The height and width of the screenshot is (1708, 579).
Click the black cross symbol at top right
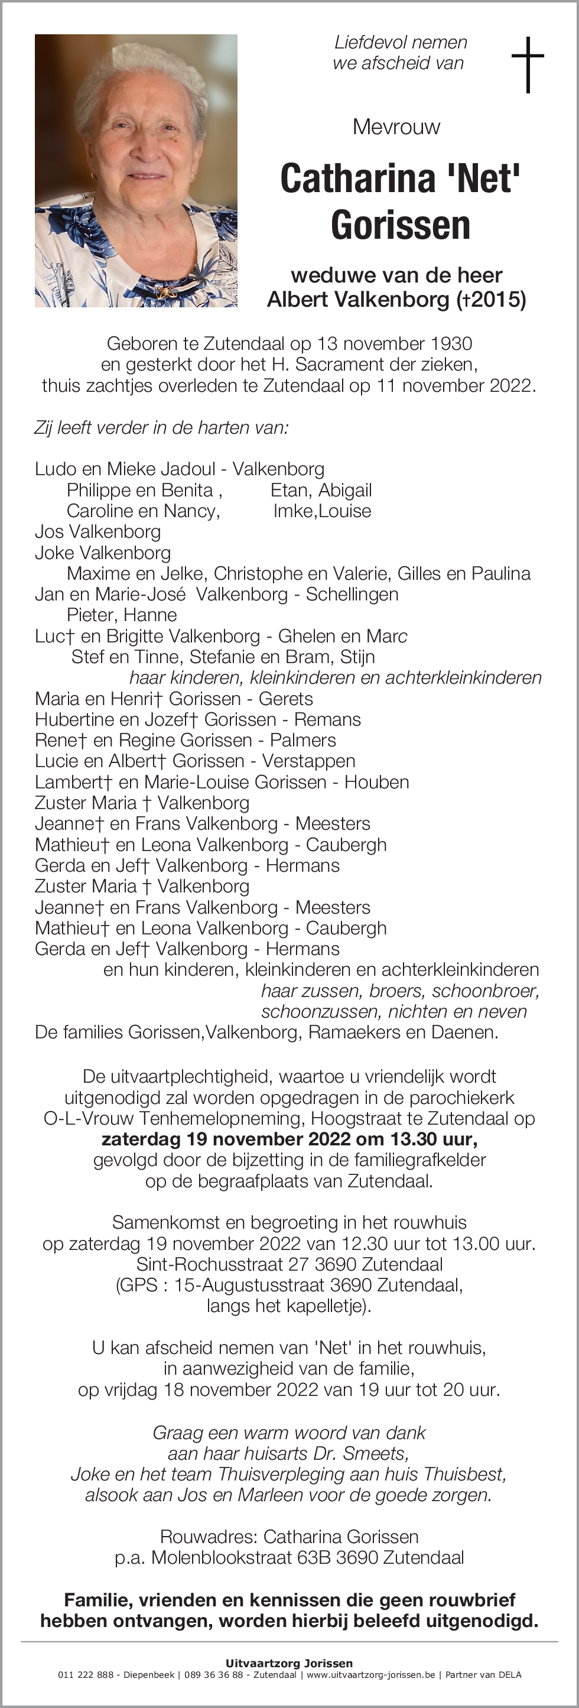click(528, 64)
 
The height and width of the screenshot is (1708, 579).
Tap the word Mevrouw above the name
click(396, 126)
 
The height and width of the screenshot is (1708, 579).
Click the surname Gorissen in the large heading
click(400, 225)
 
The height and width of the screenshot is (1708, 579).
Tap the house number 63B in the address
click(312, 1557)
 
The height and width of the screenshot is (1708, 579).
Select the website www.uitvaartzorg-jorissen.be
click(370, 1674)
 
